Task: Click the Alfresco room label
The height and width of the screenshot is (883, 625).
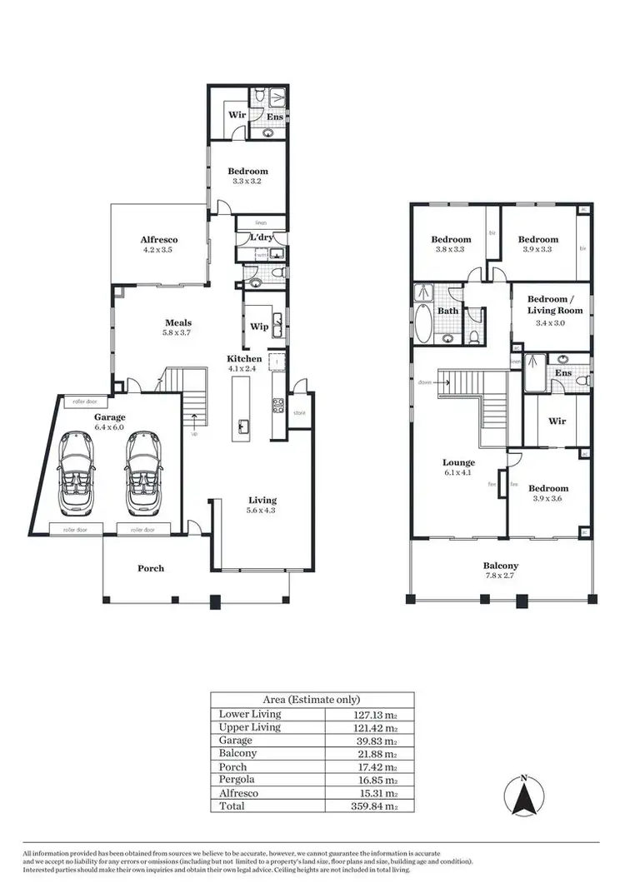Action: pyautogui.click(x=159, y=240)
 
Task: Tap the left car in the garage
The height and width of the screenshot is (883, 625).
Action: pyautogui.click(x=77, y=472)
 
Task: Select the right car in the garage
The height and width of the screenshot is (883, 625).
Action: pyautogui.click(x=143, y=472)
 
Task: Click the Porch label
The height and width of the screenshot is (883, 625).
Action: pyautogui.click(x=151, y=568)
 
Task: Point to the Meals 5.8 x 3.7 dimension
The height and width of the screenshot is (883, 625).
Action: pyautogui.click(x=178, y=333)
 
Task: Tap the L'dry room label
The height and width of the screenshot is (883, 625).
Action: pyautogui.click(x=262, y=238)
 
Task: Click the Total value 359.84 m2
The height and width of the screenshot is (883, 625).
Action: pyautogui.click(x=370, y=806)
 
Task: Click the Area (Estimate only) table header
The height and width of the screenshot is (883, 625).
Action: pyautogui.click(x=312, y=700)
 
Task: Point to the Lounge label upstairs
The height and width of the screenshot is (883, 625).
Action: pyautogui.click(x=458, y=462)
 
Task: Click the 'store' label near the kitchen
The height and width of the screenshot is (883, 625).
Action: pyautogui.click(x=300, y=412)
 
